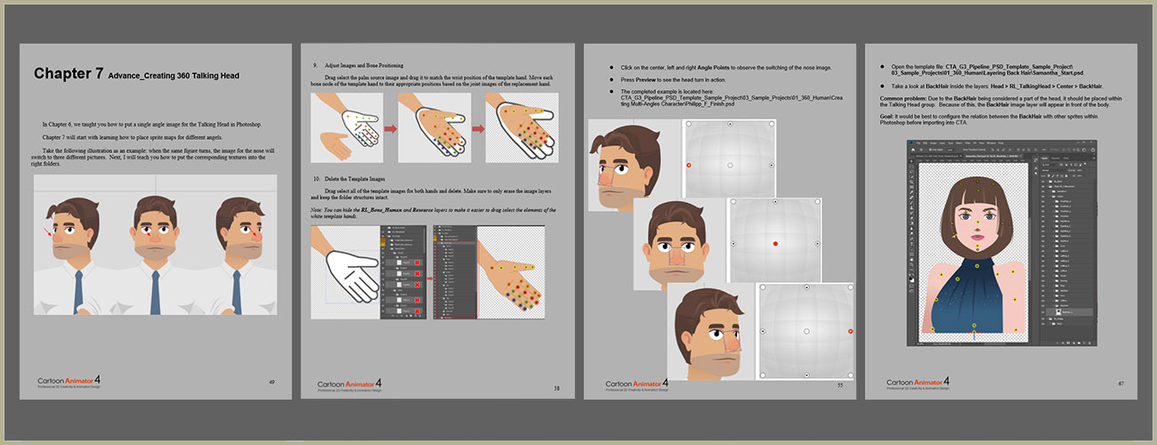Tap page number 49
271,381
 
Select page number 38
557,388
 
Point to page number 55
839,385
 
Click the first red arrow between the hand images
389,130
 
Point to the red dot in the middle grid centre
775,243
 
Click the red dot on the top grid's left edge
689,166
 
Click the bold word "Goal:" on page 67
887,115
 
